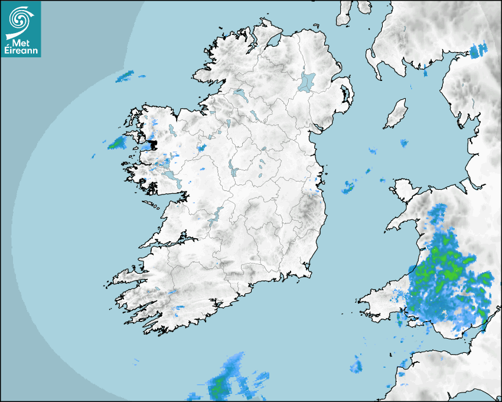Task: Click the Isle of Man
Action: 396,114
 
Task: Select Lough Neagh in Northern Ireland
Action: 307,81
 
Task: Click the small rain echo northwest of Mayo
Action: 125,76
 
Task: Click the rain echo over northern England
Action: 479,51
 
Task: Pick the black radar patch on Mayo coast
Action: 151,144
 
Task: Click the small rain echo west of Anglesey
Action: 348,187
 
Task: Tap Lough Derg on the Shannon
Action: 214,216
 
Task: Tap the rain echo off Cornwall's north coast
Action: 356,365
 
